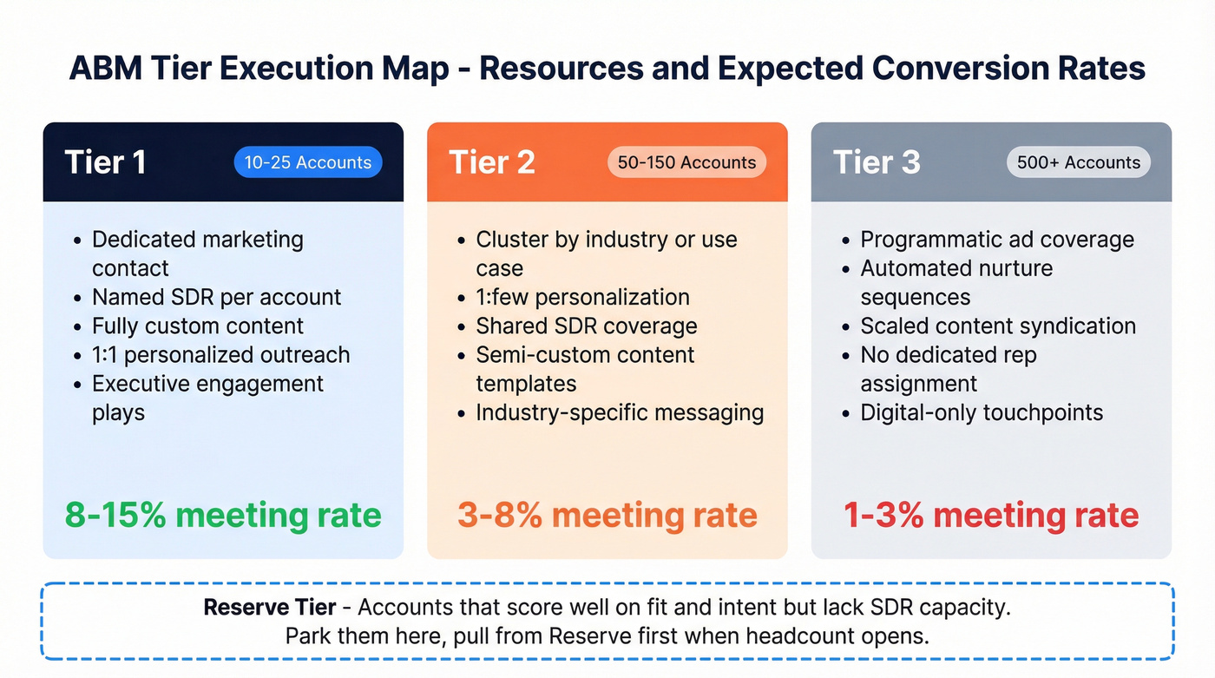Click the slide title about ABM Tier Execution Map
tap(607, 68)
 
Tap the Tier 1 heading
tap(105, 162)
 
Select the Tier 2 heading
tap(491, 162)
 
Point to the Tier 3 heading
tap(877, 162)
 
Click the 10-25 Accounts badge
tap(307, 162)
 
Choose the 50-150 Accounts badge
tap(686, 162)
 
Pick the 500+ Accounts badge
tap(1079, 162)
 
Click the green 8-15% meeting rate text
tap(223, 515)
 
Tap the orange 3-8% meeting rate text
tap(607, 515)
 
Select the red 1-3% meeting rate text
tap(991, 515)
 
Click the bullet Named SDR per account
tap(216, 297)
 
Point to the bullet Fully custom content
tap(198, 326)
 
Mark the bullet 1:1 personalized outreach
tap(220, 355)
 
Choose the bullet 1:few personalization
tap(582, 297)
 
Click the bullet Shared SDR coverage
tap(586, 326)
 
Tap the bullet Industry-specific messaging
tap(620, 412)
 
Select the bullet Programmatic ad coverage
tap(997, 240)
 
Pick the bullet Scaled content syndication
tap(998, 326)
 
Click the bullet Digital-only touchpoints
tap(982, 412)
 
